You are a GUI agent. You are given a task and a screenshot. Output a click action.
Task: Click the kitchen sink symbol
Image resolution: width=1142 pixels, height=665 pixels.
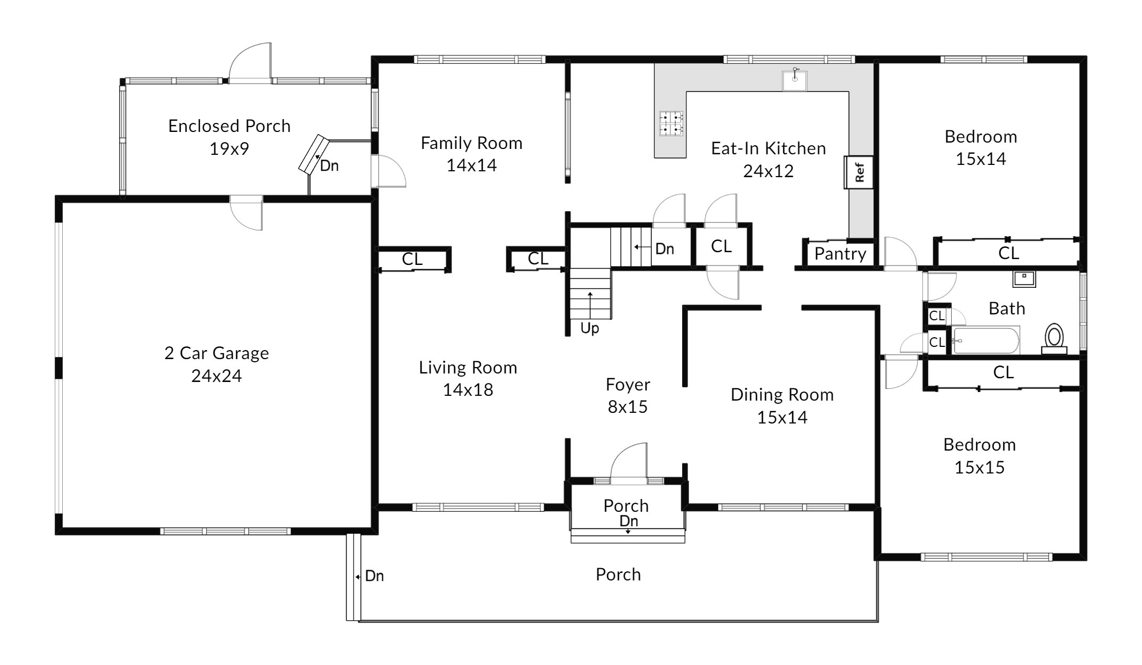coord(794,80)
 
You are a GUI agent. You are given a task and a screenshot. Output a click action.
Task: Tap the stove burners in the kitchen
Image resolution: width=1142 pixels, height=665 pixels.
coord(670,122)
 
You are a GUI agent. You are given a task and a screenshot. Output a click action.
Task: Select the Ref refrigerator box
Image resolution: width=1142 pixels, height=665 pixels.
coord(858,172)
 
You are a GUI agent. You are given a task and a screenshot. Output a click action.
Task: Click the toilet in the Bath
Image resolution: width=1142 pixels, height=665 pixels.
coord(1054,339)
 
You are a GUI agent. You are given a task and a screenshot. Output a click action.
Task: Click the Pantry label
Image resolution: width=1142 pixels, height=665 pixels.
coord(840,254)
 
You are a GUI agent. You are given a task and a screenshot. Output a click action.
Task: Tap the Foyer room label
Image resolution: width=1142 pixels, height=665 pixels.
coord(628,384)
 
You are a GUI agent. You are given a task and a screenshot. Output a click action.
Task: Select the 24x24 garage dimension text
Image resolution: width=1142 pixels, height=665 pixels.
coord(216,376)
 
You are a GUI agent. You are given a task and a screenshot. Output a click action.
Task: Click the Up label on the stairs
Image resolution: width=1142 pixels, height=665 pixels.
coord(590,328)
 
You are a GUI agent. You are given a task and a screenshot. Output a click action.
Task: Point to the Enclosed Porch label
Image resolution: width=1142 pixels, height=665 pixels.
coord(230,126)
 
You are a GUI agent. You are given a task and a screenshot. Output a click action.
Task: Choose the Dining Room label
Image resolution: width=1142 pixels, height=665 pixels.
coord(782,395)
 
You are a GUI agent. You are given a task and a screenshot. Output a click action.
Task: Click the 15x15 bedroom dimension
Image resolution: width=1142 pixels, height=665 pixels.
coord(979,468)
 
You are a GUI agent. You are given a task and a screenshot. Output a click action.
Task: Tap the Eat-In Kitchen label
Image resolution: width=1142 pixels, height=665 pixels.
coord(769,148)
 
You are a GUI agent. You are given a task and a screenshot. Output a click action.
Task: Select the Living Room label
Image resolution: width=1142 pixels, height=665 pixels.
coord(468,368)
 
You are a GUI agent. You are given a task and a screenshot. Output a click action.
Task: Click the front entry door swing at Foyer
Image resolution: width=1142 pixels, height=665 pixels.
coord(629,463)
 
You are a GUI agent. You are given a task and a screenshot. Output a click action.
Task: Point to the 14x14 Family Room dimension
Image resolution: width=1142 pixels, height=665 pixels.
coord(472,165)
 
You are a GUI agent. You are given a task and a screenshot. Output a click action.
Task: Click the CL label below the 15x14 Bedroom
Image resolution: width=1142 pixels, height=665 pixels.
coord(1009,253)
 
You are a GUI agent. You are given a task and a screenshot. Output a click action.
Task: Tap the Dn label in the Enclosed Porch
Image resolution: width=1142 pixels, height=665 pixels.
coord(329,166)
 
